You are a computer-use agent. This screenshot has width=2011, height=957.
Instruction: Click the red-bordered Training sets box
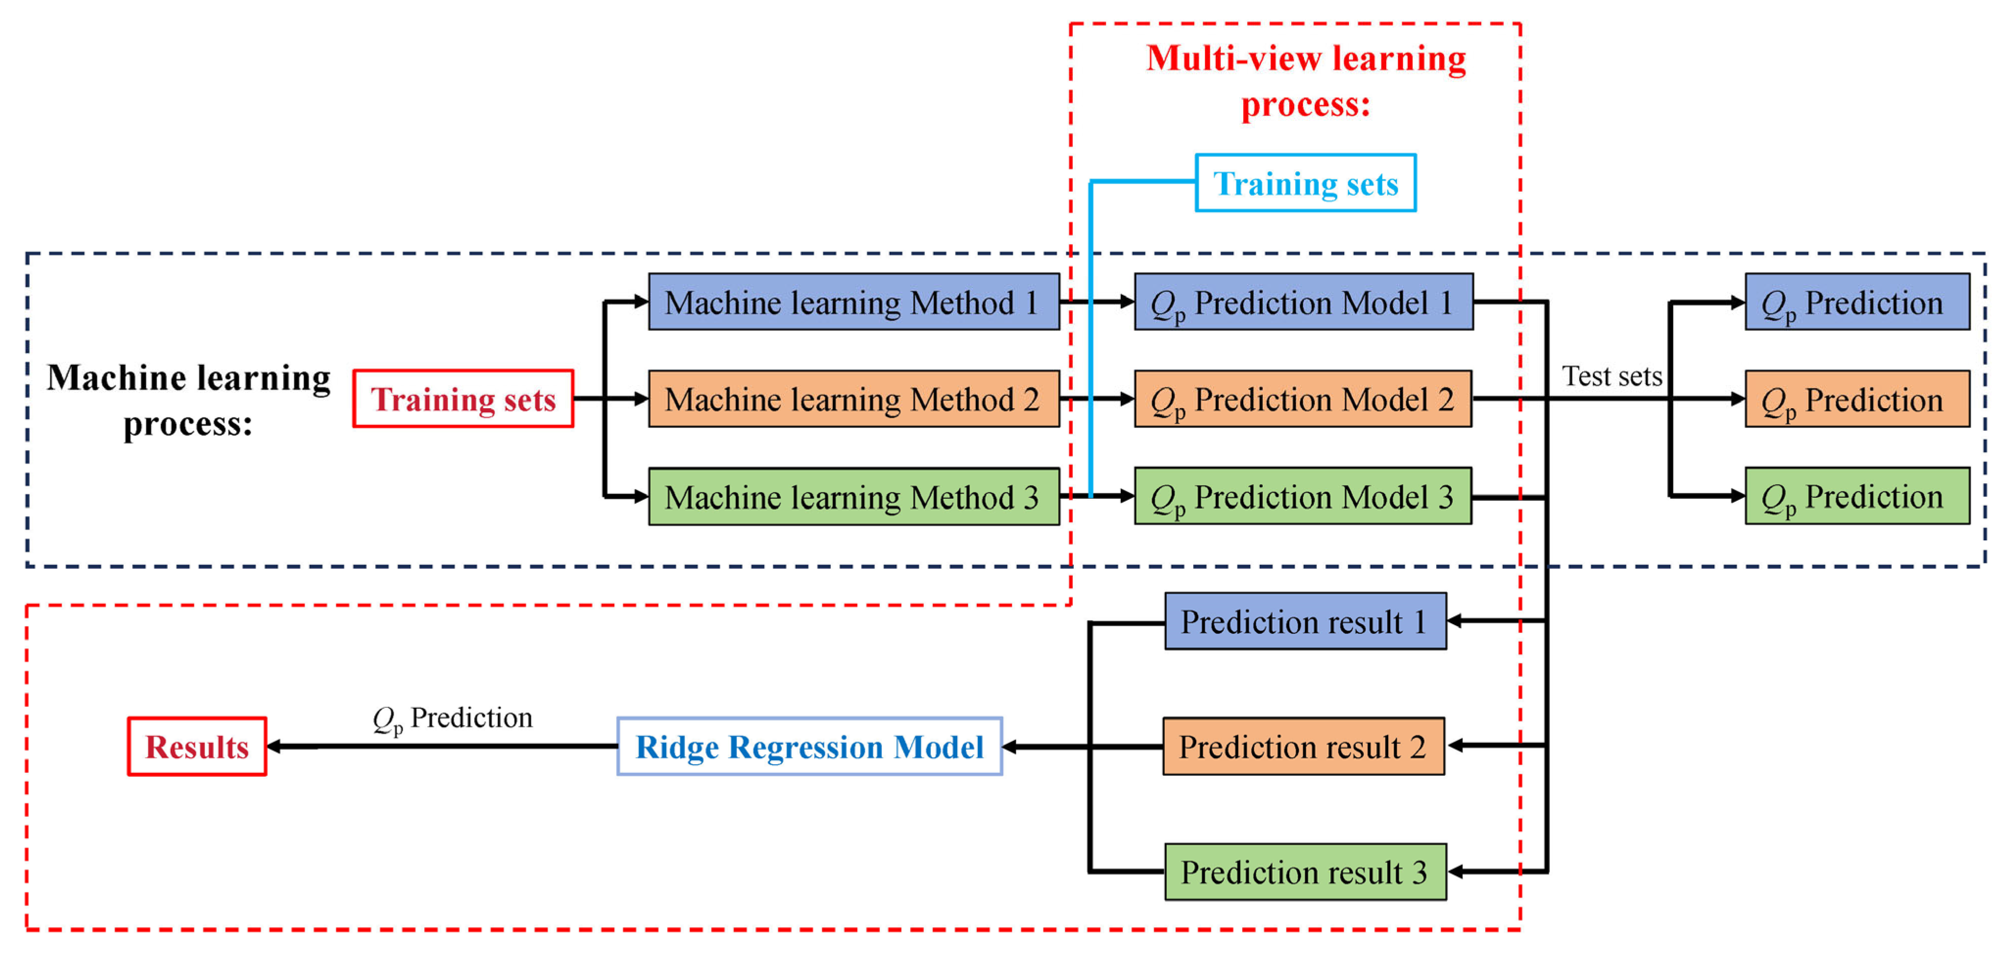click(x=463, y=398)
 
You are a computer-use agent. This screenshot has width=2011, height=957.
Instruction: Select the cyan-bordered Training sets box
click(x=1305, y=183)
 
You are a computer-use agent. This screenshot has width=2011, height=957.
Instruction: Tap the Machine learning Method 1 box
click(x=853, y=302)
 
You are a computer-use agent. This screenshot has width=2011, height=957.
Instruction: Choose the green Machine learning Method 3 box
click(x=853, y=496)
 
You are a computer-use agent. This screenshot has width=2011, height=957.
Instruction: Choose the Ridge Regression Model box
click(x=809, y=746)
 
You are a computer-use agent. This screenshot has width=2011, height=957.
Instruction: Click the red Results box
click(x=197, y=746)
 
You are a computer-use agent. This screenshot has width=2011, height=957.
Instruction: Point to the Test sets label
click(x=1611, y=376)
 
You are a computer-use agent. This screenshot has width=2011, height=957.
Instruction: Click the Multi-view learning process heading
click(x=1305, y=80)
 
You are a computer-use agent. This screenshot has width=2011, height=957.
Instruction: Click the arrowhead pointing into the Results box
click(x=274, y=746)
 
